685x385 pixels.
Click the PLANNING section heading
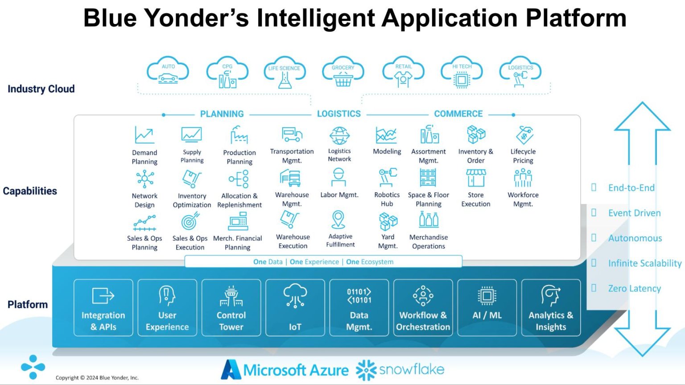point(222,114)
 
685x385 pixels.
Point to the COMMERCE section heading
point(458,114)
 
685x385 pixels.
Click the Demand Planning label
point(144,157)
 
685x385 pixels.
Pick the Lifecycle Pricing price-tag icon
point(524,135)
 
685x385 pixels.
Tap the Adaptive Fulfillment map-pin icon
point(338,220)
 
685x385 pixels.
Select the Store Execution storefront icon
point(476,178)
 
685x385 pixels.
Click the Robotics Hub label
point(387,199)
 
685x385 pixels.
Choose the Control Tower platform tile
point(231,307)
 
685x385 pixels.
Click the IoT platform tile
point(295,307)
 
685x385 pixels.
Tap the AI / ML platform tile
point(487,307)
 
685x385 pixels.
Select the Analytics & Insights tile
point(551,307)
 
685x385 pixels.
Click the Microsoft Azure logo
point(285,370)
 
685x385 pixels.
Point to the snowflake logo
point(400,369)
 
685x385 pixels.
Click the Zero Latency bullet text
point(634,288)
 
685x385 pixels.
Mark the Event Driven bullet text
point(634,213)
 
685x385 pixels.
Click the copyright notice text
point(97,377)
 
